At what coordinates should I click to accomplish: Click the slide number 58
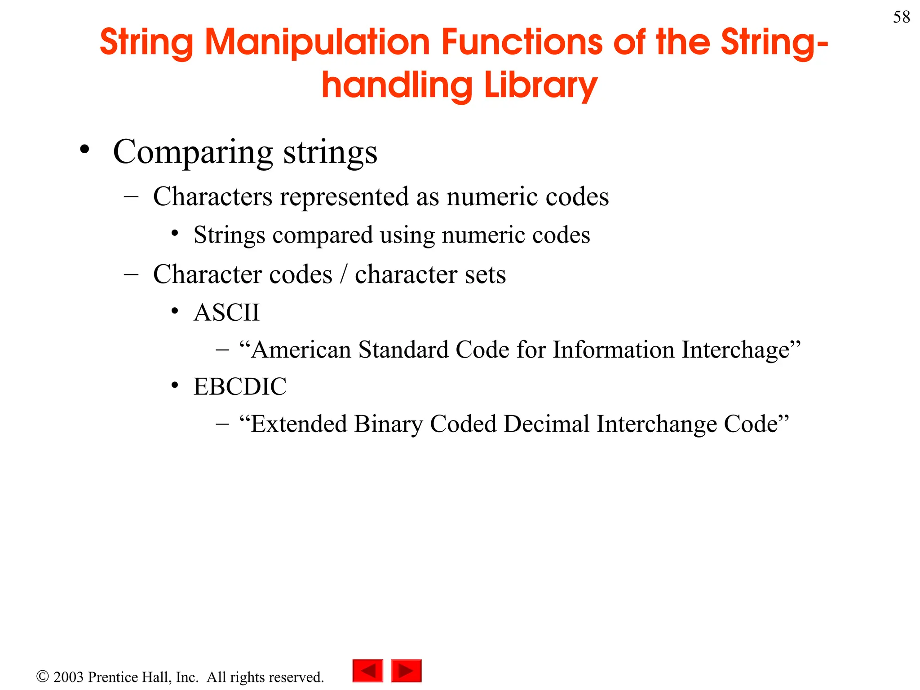901,18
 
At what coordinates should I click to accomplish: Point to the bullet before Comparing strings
84,150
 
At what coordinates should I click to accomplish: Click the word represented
343,197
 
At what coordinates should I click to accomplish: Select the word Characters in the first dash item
212,197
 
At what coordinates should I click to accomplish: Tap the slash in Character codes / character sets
344,274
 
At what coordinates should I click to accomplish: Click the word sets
485,274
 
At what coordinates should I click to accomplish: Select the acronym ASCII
226,313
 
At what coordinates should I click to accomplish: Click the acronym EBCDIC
239,387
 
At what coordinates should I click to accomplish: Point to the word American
301,350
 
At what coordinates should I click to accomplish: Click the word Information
613,350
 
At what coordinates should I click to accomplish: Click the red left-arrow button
367,671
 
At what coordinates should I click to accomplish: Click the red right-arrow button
406,671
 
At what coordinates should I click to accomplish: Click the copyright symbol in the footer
42,677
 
